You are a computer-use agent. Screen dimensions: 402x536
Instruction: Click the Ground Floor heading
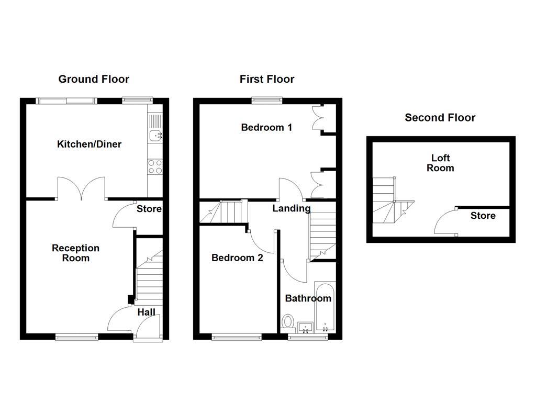93,79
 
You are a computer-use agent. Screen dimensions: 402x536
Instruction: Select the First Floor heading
267,79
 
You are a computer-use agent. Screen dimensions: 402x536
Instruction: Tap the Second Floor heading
440,118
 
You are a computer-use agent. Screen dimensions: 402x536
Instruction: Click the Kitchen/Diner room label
89,144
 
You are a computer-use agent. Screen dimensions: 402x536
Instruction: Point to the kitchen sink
155,136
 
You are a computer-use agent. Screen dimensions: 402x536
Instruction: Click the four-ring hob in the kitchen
155,166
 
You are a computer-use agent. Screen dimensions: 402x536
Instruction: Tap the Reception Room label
75,253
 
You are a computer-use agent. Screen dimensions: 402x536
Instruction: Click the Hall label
146,312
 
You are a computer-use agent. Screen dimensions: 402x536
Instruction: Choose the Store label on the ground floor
149,209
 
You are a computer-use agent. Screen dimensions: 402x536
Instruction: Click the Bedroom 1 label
266,127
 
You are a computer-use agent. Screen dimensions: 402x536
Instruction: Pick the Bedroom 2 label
237,258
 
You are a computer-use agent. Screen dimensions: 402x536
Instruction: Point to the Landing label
292,208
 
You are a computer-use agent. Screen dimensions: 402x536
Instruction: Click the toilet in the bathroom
287,321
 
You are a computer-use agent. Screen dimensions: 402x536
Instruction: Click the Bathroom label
308,298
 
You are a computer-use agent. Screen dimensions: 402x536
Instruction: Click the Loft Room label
440,163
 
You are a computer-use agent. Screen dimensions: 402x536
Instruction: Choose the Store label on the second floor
483,216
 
